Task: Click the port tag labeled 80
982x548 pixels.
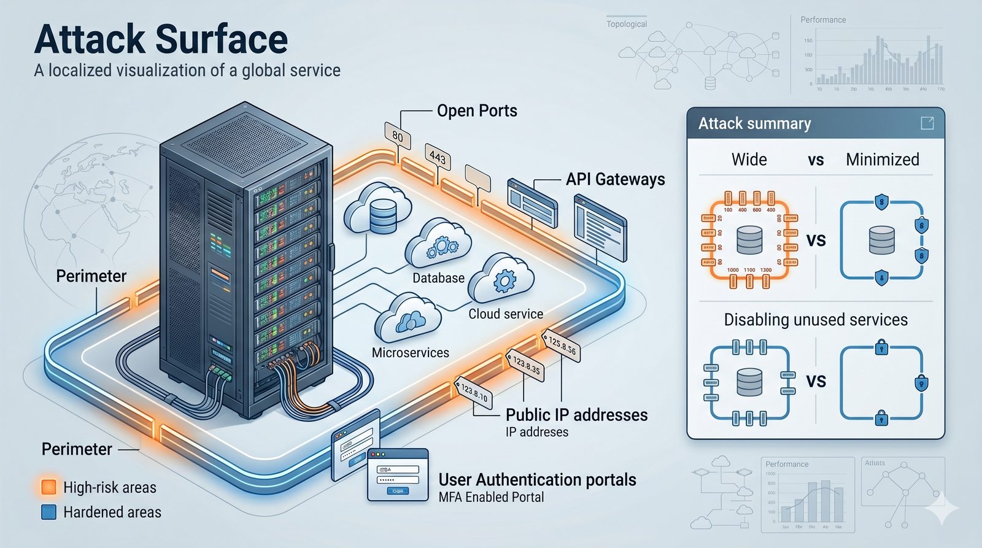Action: pos(398,136)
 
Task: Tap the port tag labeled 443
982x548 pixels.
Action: pos(438,157)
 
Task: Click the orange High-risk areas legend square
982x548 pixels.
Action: pos(48,487)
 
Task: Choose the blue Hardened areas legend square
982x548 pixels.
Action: pos(48,512)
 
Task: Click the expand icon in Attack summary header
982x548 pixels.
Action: pos(927,123)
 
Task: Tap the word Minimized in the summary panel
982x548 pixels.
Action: pos(882,160)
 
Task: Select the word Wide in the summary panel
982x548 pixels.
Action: pos(749,160)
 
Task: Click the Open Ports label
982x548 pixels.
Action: pos(477,111)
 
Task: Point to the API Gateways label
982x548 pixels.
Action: pos(615,179)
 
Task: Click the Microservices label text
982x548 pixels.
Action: pos(410,353)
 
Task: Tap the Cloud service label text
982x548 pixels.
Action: pos(506,314)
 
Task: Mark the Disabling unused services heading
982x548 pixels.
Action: pos(815,320)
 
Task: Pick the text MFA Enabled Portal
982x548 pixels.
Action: pos(491,497)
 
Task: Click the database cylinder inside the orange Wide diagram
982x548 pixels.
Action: pos(749,240)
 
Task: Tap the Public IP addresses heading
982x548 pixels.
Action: pos(576,415)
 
